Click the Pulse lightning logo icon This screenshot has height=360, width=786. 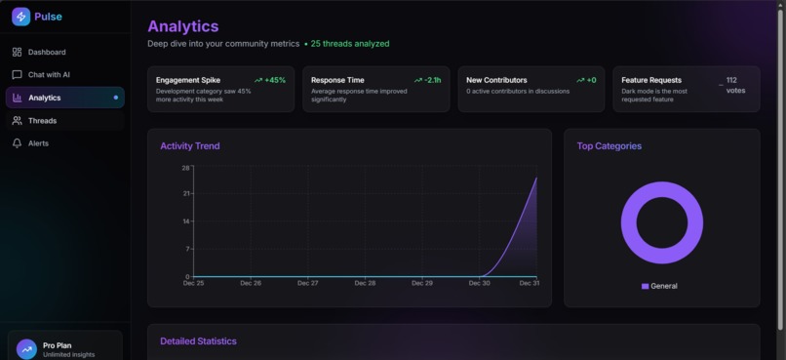tap(20, 17)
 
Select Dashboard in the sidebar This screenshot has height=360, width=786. tap(47, 52)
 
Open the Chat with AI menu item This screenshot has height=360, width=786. tap(49, 74)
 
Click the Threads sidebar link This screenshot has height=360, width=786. tap(42, 120)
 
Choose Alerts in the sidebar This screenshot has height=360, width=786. tap(38, 143)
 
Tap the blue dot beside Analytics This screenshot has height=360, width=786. tap(116, 98)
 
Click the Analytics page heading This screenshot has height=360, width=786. tap(182, 26)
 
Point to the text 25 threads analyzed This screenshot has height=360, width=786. tap(349, 44)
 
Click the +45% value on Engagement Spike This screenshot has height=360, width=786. tap(274, 80)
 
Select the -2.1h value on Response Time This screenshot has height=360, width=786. tap(432, 80)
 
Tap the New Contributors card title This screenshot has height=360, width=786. tap(496, 80)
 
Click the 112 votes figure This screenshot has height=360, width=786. tap(735, 86)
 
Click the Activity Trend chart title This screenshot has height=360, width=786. tap(190, 146)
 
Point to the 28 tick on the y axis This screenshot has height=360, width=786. tap(185, 168)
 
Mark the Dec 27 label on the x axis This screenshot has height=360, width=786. tap(307, 283)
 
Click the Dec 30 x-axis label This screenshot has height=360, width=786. tap(479, 283)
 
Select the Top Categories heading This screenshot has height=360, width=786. tap(609, 146)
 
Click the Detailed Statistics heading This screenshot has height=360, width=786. tap(198, 341)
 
